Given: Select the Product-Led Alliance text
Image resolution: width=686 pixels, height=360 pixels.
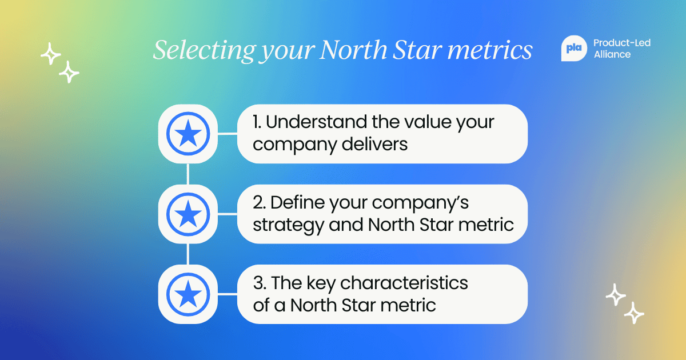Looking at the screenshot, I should point(622,49).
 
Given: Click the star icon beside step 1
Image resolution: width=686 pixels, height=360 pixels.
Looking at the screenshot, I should point(188,134).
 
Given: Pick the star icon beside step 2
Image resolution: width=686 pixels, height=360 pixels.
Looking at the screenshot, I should point(188,214).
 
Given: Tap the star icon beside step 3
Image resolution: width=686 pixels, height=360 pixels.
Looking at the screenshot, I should point(188,294).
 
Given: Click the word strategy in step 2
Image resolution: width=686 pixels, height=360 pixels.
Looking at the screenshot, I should point(288,225).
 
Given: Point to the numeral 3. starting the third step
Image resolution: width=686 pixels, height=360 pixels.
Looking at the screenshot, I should point(260,282).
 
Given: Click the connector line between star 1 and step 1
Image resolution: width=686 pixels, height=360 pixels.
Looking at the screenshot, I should point(227,134).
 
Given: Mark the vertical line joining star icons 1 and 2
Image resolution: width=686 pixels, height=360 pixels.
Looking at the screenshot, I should point(188,174).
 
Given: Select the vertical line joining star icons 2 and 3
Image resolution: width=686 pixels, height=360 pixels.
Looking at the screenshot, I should point(188,254).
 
